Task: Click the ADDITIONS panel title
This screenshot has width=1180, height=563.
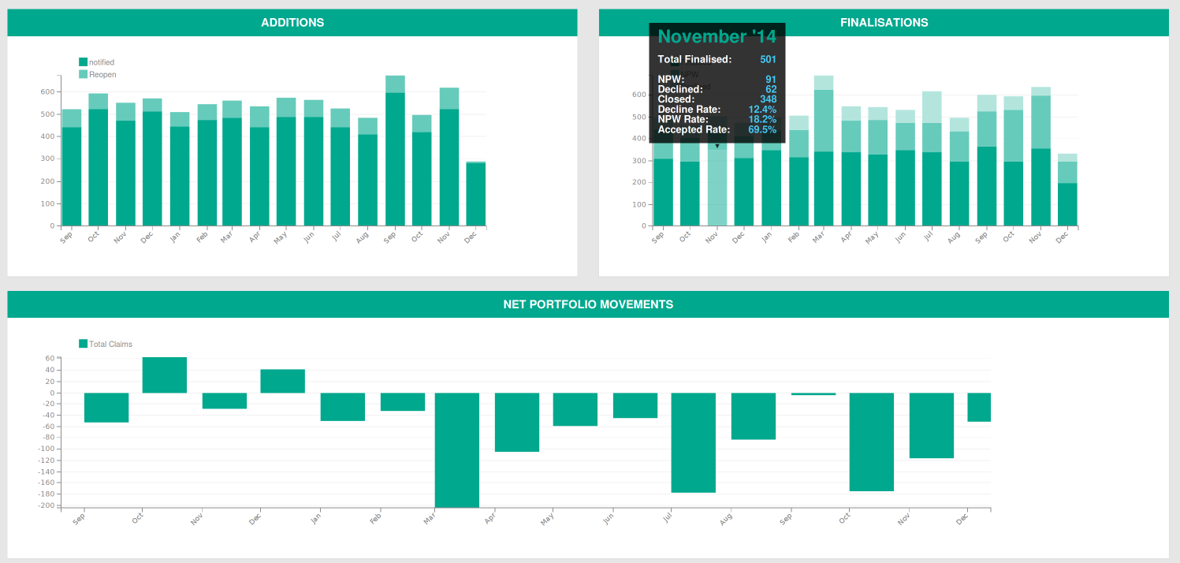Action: coord(292,23)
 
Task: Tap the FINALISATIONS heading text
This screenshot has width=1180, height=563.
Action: coord(884,23)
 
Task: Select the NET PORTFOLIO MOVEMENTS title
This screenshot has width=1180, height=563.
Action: coord(588,304)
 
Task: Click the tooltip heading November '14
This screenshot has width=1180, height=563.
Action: coord(717,37)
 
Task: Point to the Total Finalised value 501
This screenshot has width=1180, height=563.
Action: coord(768,60)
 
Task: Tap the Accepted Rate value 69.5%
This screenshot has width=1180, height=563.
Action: coord(762,129)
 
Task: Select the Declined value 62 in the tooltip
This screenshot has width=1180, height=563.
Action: coord(771,89)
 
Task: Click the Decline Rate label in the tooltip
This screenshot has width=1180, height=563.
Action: coord(688,110)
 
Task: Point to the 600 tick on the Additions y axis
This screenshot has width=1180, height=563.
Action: coord(47,92)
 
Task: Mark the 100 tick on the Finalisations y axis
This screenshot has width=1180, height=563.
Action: coord(639,204)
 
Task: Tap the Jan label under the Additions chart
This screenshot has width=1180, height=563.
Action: coord(174,236)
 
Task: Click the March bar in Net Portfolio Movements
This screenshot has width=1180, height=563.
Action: coord(457,449)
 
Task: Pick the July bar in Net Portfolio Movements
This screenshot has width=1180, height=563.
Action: coord(694,442)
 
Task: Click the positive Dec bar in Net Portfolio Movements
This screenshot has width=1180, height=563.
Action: coord(282,381)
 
